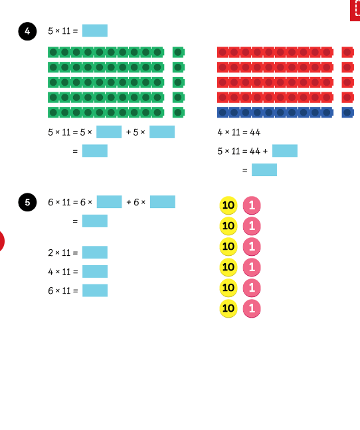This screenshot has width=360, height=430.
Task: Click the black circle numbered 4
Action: (x=27, y=31)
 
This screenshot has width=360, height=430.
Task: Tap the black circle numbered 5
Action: (x=27, y=203)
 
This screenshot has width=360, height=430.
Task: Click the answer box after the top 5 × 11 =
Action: (x=95, y=31)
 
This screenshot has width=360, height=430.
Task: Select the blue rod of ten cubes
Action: (x=275, y=112)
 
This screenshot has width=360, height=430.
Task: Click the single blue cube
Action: (x=347, y=112)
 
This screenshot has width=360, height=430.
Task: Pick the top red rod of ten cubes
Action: (x=275, y=52)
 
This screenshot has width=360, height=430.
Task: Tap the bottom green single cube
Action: (x=179, y=112)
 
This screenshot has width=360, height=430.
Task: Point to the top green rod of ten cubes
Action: (x=106, y=52)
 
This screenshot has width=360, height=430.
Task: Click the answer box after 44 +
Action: (x=285, y=151)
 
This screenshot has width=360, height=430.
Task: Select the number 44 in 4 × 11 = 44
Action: (x=255, y=132)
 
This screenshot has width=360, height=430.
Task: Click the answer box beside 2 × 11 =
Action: (x=95, y=253)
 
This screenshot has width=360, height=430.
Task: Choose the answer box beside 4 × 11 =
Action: (x=95, y=272)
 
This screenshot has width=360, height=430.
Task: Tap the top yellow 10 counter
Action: (x=228, y=205)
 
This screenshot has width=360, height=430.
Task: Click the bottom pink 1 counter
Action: (x=252, y=308)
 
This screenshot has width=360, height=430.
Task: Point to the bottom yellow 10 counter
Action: (x=228, y=308)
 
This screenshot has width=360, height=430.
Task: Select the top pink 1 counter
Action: (x=252, y=205)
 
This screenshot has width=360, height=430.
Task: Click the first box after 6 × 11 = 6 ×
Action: (x=110, y=202)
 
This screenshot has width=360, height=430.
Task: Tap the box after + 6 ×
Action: (x=163, y=202)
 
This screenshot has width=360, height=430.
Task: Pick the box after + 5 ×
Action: (x=162, y=132)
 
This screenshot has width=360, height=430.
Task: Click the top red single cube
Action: (x=347, y=52)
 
